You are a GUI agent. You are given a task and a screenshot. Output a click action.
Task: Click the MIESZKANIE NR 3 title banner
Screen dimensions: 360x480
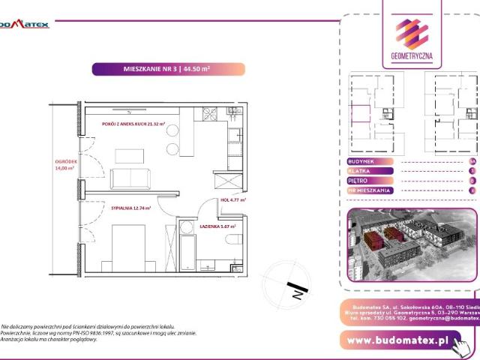[167, 69]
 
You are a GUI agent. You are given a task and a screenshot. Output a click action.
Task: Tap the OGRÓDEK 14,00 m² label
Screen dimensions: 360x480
[64, 165]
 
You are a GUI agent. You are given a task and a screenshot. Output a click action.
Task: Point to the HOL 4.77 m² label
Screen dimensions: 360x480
[234, 200]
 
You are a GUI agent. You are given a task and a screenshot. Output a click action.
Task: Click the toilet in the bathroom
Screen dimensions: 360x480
[233, 240]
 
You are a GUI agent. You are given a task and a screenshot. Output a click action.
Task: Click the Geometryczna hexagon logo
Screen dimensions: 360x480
[412, 33]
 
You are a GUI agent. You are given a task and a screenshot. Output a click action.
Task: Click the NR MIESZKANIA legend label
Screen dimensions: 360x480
[369, 190]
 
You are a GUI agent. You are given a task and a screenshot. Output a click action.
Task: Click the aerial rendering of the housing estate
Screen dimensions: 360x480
[412, 248]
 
